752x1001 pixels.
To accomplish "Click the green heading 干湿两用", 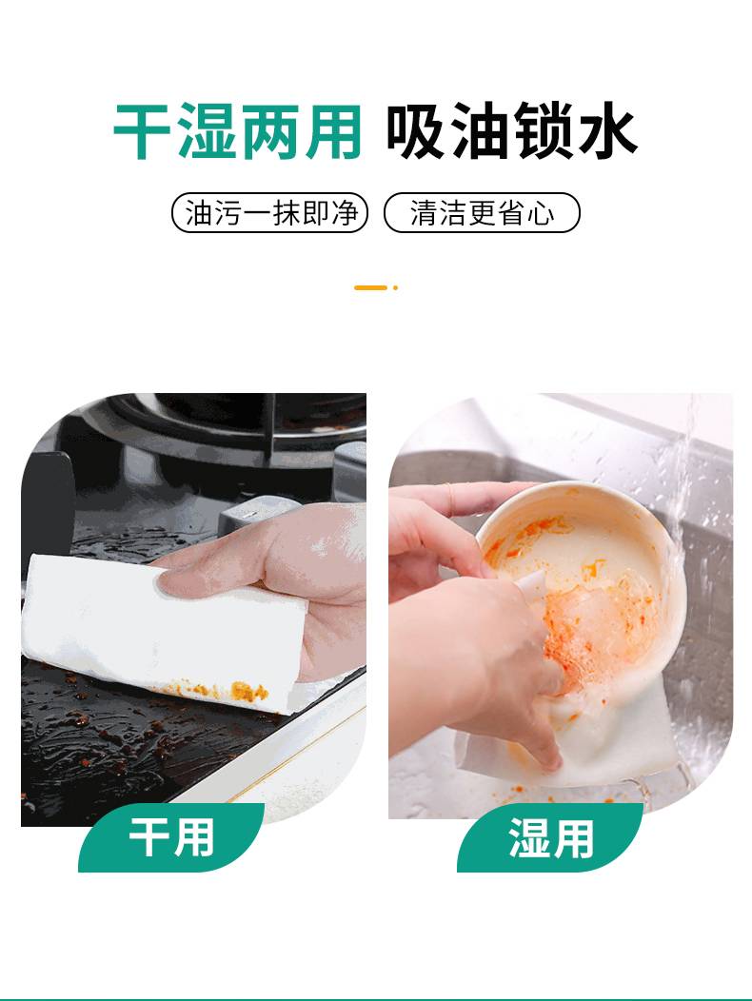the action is (237, 131).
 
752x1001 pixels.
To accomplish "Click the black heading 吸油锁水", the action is (511, 131).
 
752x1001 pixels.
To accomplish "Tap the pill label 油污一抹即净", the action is (270, 212).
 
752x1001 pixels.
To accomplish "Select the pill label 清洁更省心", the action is (482, 212).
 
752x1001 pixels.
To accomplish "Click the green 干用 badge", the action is (171, 837).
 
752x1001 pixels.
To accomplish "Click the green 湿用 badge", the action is (550, 837).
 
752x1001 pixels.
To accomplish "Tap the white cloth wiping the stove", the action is (160, 632).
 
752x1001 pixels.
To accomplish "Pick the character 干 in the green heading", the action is (142, 131).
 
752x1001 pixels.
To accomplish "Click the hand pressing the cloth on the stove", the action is (281, 575).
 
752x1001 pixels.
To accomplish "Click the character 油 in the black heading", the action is (480, 131).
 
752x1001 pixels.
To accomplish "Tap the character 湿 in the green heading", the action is (206, 131).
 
